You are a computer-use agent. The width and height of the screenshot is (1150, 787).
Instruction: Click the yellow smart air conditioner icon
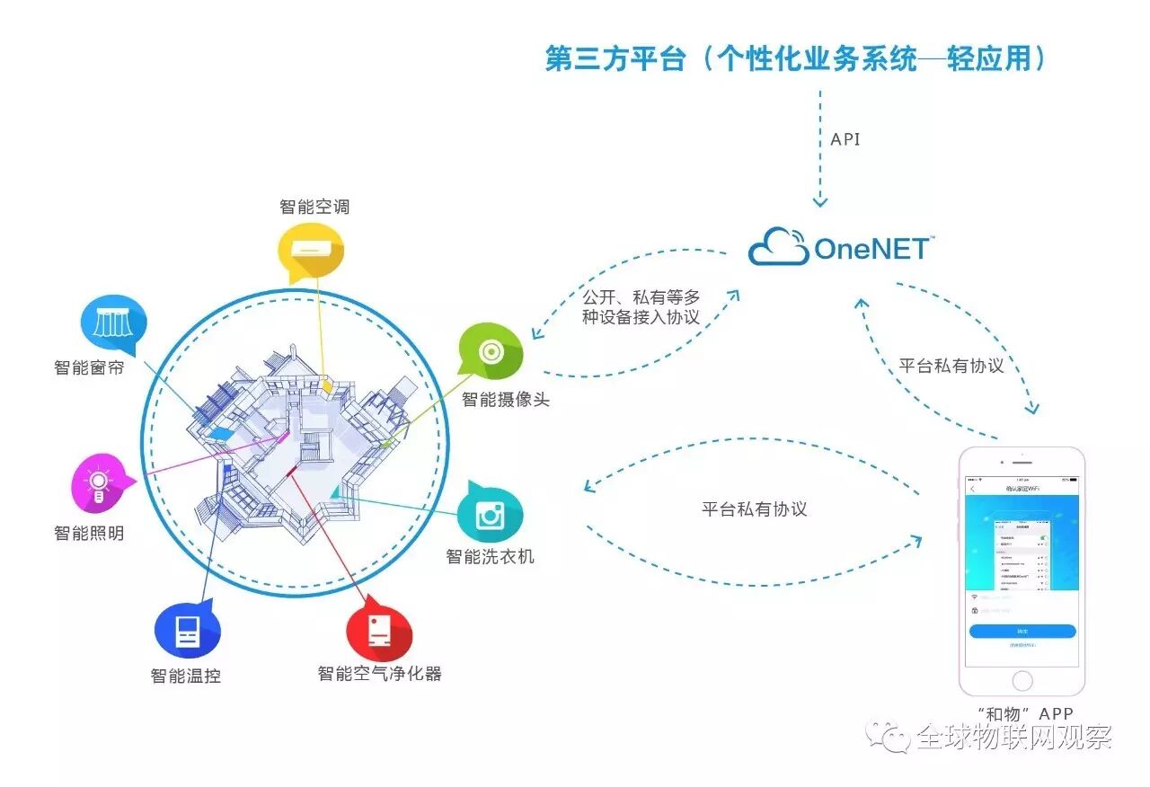tap(311, 248)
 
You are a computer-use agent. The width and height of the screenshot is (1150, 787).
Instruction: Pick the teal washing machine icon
tap(490, 516)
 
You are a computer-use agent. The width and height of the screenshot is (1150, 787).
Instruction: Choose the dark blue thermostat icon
tap(187, 631)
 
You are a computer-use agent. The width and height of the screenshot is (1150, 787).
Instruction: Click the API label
tap(845, 140)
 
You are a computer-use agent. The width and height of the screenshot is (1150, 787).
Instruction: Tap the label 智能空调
tap(314, 207)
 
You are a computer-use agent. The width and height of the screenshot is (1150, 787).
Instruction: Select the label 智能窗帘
tap(89, 367)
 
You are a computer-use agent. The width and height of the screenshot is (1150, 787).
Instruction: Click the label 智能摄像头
tap(505, 399)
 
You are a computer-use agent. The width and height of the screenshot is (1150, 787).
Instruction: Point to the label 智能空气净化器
tap(379, 673)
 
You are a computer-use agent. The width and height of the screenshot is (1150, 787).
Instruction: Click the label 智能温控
tap(186, 676)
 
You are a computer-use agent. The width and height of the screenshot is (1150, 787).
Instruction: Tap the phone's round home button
tap(1022, 680)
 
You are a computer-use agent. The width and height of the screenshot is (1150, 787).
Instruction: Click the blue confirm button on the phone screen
tap(1022, 631)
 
